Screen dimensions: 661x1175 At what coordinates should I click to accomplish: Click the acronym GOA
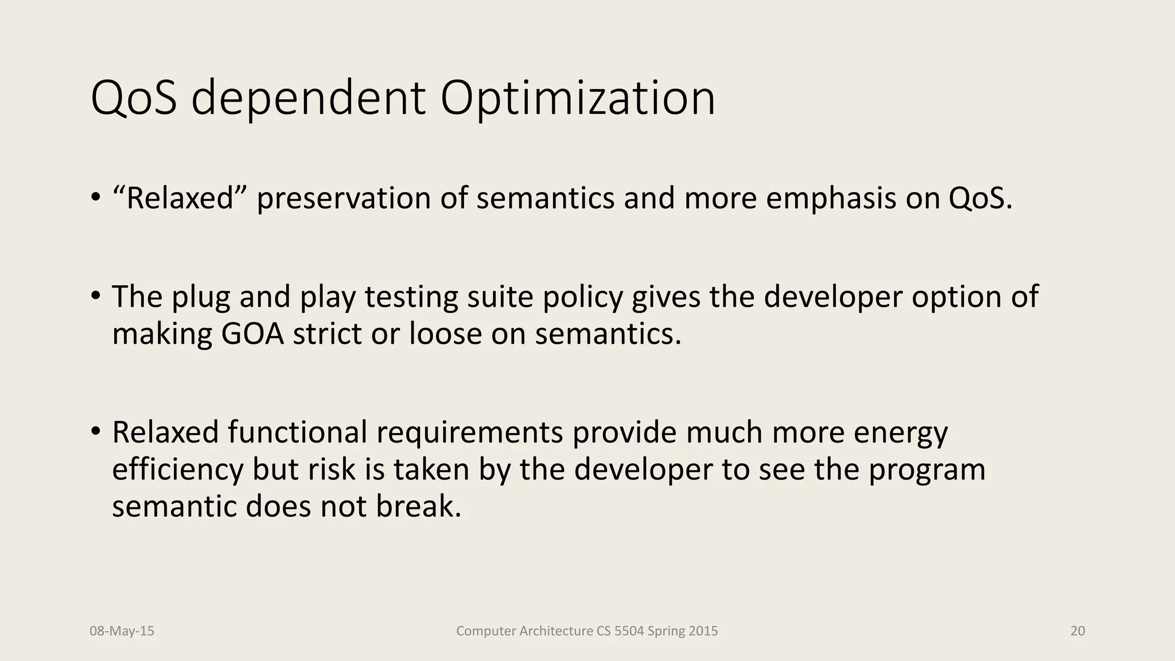pyautogui.click(x=252, y=334)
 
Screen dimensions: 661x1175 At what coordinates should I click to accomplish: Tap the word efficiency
pyautogui.click(x=178, y=469)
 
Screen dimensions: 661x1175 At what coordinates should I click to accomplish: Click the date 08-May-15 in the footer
pyautogui.click(x=122, y=631)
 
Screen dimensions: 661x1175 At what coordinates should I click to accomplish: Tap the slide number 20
pyautogui.click(x=1077, y=631)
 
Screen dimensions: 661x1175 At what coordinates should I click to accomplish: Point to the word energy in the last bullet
pyautogui.click(x=901, y=433)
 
